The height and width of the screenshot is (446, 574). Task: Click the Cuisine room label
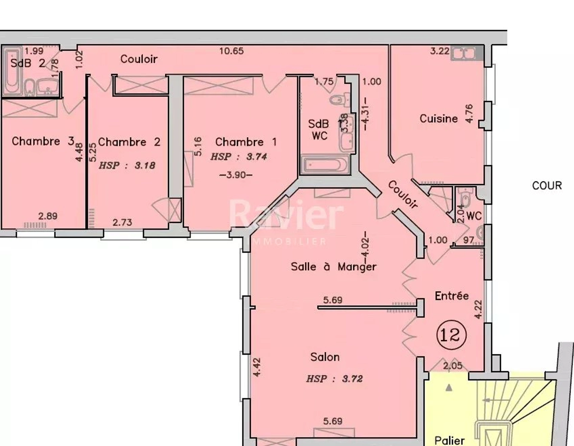coord(439,119)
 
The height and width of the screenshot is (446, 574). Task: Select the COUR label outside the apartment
coord(547,186)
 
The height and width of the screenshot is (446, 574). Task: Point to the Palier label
coord(449,440)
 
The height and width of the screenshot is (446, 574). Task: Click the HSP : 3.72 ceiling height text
coord(335,379)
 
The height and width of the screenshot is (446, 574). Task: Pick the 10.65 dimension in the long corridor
coord(231,51)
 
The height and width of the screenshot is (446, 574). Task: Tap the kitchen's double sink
coord(464,54)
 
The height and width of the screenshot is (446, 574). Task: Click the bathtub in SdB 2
coord(12,71)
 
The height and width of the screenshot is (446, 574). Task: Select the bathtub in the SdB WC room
coord(325,165)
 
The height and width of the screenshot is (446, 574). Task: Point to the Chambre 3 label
coord(43,141)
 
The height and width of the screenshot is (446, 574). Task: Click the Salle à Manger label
coord(333,267)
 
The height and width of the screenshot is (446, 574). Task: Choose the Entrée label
coord(451,296)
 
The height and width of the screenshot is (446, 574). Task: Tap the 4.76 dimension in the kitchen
coord(469,114)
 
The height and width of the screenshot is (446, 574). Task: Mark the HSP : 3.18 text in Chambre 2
coord(127,165)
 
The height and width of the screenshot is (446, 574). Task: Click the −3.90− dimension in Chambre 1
coord(236,175)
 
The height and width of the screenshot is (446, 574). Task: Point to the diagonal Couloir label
coord(403,195)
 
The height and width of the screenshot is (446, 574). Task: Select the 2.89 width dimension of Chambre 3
coord(48,216)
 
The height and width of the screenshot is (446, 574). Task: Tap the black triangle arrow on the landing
coord(449,388)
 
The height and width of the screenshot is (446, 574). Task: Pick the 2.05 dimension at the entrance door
coord(453,365)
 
